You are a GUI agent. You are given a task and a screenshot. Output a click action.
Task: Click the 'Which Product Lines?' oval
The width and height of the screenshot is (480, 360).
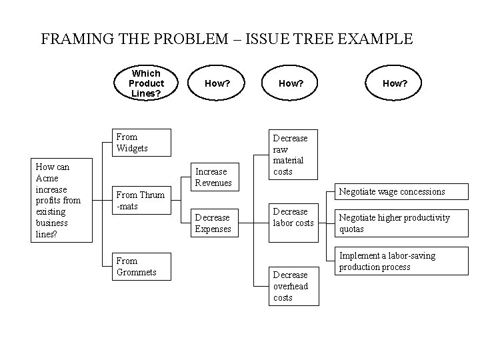click(x=146, y=83)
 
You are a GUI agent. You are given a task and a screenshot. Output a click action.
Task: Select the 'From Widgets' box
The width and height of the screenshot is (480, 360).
click(x=141, y=142)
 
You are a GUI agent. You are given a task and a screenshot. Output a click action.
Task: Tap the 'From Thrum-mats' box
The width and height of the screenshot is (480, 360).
click(x=141, y=201)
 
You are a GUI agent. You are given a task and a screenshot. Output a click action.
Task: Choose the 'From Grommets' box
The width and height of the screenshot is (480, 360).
click(x=141, y=266)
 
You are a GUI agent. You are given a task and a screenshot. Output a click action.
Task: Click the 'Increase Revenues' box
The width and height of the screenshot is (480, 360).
click(x=213, y=177)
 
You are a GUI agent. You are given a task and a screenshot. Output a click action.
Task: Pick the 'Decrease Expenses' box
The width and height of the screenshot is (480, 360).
click(x=213, y=223)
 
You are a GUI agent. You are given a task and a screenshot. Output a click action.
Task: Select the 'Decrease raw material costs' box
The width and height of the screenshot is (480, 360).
click(x=290, y=155)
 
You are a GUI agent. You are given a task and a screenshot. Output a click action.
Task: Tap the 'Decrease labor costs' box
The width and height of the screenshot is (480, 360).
click(x=293, y=217)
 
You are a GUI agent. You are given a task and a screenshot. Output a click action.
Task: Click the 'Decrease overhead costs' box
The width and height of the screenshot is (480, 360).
click(x=291, y=286)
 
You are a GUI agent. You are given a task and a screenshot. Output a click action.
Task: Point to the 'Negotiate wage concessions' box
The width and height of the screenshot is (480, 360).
click(x=393, y=191)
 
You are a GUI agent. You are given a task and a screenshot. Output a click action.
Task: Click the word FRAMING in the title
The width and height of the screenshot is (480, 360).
click(x=75, y=39)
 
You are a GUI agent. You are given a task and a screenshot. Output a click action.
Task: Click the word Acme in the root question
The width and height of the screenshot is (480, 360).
click(x=47, y=178)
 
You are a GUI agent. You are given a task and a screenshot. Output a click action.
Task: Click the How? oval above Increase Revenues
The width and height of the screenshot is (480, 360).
click(x=217, y=83)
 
